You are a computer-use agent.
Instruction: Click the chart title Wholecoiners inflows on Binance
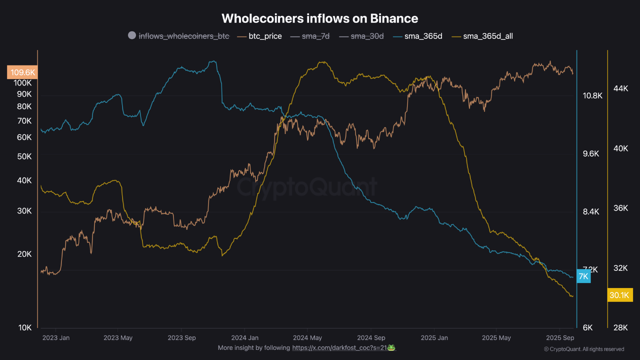[x=320, y=18]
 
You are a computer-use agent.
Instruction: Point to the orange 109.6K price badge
[x=22, y=72]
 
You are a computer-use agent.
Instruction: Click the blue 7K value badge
[x=583, y=276]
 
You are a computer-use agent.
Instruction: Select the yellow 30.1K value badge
[x=619, y=295]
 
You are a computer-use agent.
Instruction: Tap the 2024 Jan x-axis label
[x=244, y=337]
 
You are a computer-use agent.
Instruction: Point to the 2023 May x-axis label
[x=118, y=337]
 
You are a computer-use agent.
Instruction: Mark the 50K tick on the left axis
[x=24, y=156]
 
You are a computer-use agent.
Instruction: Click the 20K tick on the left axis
[x=24, y=254]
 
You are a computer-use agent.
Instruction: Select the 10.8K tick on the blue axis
[x=592, y=95]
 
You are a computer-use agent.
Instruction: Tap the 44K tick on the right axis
[x=620, y=88]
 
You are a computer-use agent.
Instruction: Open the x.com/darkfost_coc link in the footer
[x=339, y=348]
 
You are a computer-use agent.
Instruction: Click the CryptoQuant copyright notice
[x=583, y=349]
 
